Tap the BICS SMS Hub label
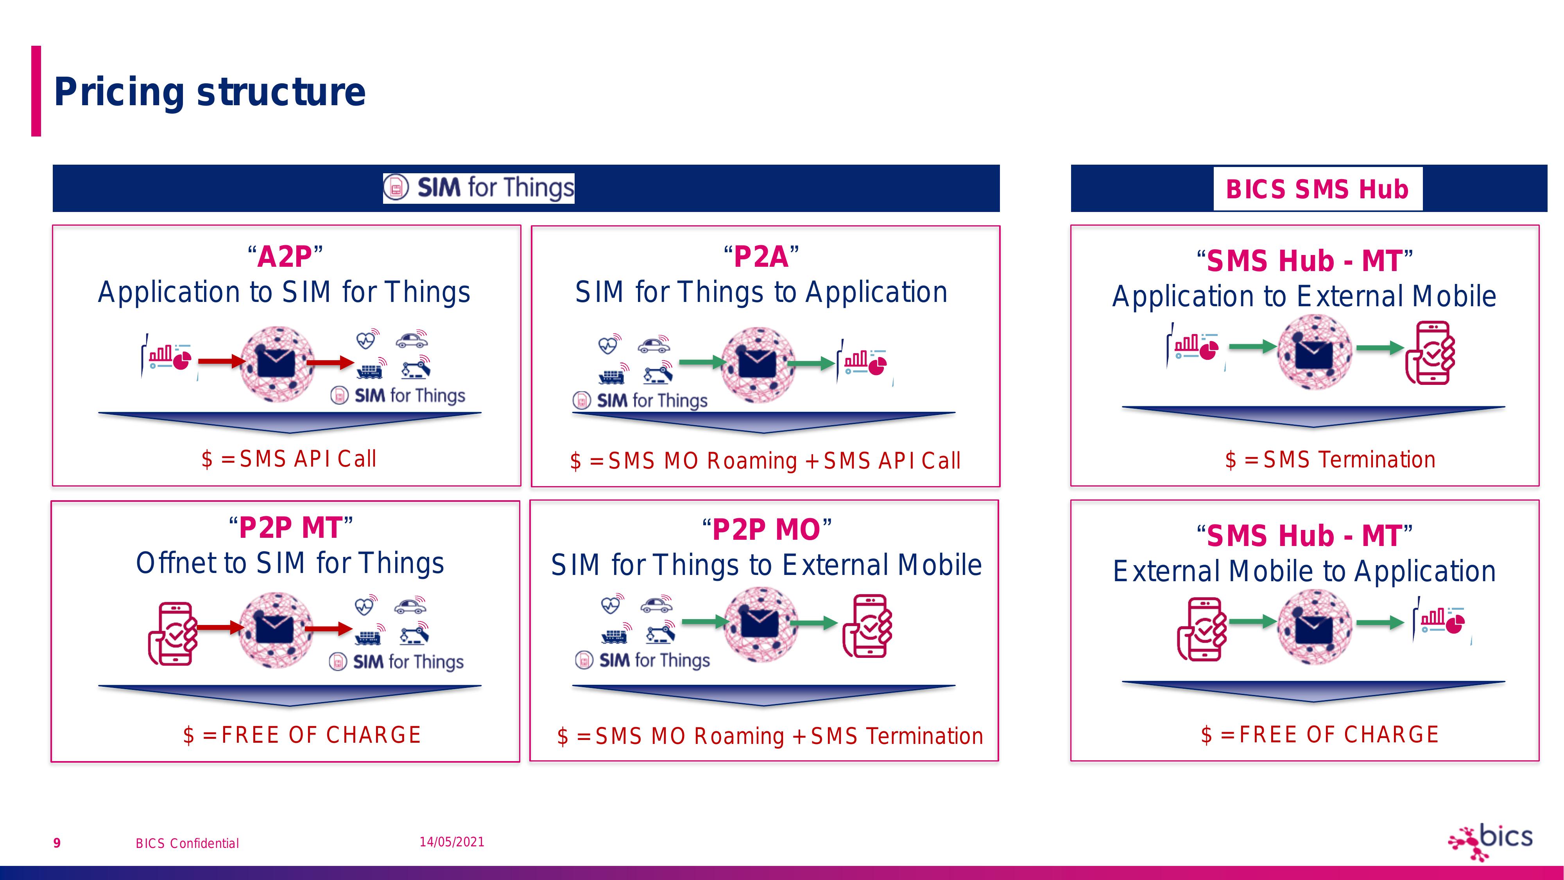(x=1317, y=189)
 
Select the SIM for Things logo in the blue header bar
(x=478, y=188)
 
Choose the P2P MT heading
(x=290, y=527)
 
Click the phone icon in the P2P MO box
(x=867, y=625)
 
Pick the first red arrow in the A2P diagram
(x=222, y=362)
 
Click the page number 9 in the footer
(x=57, y=843)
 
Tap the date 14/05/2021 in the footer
(x=452, y=842)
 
